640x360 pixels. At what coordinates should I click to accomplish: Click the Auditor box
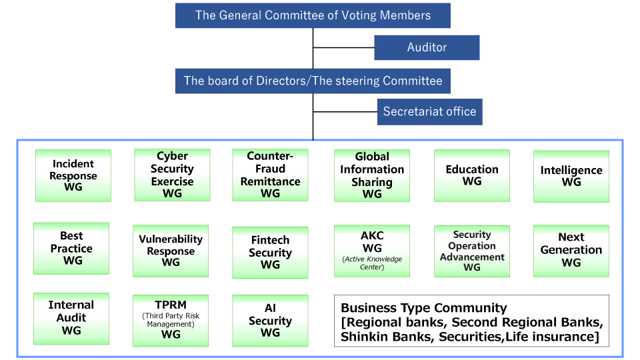point(427,47)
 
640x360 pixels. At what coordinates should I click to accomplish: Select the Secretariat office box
point(429,111)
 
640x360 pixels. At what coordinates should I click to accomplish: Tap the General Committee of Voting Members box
point(313,15)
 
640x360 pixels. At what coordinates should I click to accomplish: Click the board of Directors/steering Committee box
point(313,81)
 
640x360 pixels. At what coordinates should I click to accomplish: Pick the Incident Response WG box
point(73,175)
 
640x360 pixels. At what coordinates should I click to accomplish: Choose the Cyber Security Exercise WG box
point(172,175)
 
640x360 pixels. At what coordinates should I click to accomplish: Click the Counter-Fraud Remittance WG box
point(270,175)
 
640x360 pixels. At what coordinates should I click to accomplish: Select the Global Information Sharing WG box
point(372,175)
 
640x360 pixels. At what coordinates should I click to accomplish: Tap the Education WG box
point(472,175)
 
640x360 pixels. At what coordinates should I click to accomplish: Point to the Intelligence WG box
point(571,176)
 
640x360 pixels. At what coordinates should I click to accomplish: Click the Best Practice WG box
point(71,248)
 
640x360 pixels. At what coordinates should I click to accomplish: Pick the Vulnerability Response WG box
point(171,251)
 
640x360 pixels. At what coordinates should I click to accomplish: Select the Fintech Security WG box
point(270,252)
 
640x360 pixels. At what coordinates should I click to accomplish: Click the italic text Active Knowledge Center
point(372,263)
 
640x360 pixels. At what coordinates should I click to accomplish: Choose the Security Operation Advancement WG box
point(472,251)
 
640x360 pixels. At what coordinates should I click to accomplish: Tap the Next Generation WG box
point(571,250)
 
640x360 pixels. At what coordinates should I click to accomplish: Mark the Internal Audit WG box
point(71,317)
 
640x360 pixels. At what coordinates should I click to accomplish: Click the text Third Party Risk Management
point(171,320)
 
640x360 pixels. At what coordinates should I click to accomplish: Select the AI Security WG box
point(270,320)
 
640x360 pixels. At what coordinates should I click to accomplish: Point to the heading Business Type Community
point(424,308)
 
